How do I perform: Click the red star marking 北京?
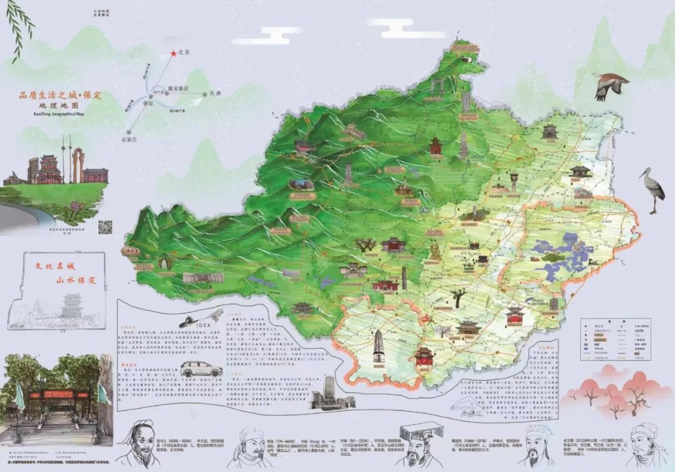click(173, 54)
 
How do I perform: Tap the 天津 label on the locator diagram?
click(216, 94)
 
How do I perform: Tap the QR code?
click(105, 227)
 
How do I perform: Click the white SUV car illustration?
click(201, 369)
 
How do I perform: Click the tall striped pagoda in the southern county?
click(379, 348)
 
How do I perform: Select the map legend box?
click(615, 339)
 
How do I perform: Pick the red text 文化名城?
click(53, 264)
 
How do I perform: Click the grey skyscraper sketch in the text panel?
click(325, 391)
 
